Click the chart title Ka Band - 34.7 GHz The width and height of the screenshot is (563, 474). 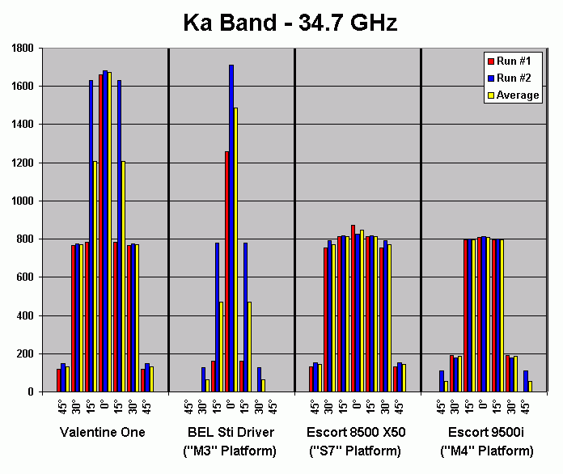tap(290, 23)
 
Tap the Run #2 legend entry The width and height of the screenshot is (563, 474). tap(513, 78)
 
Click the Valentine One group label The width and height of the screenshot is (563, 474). tap(103, 433)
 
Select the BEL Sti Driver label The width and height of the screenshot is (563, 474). tap(231, 433)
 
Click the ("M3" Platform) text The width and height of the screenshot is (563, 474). tap(231, 451)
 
